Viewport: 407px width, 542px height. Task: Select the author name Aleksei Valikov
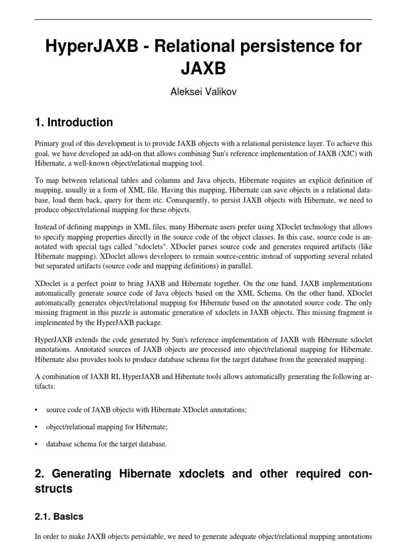click(203, 92)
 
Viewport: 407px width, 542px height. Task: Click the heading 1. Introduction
click(74, 123)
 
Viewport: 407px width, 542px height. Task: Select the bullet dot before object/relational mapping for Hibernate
click(37, 427)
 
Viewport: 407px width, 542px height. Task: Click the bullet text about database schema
click(106, 444)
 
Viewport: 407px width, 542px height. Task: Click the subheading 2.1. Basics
click(59, 516)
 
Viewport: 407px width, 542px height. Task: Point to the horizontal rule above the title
click(203, 19)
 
